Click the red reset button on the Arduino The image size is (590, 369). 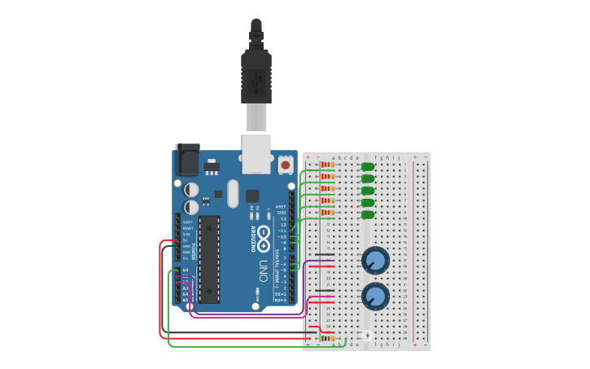click(x=285, y=165)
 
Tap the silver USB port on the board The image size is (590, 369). click(x=256, y=153)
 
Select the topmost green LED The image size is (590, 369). click(x=368, y=166)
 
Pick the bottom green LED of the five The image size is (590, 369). click(x=368, y=214)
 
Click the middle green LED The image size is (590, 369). click(x=368, y=190)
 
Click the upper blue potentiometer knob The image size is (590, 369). click(x=375, y=260)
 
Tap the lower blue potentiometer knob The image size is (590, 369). click(x=375, y=296)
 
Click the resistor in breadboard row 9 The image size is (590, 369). click(x=327, y=213)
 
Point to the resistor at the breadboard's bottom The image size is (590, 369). click(x=327, y=338)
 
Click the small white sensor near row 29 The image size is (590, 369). click(x=367, y=335)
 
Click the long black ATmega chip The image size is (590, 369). click(x=209, y=259)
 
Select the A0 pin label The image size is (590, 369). click(x=185, y=270)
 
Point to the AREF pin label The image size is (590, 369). click(x=281, y=207)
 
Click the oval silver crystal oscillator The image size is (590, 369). click(x=233, y=194)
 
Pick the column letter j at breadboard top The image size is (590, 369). click(x=399, y=157)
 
